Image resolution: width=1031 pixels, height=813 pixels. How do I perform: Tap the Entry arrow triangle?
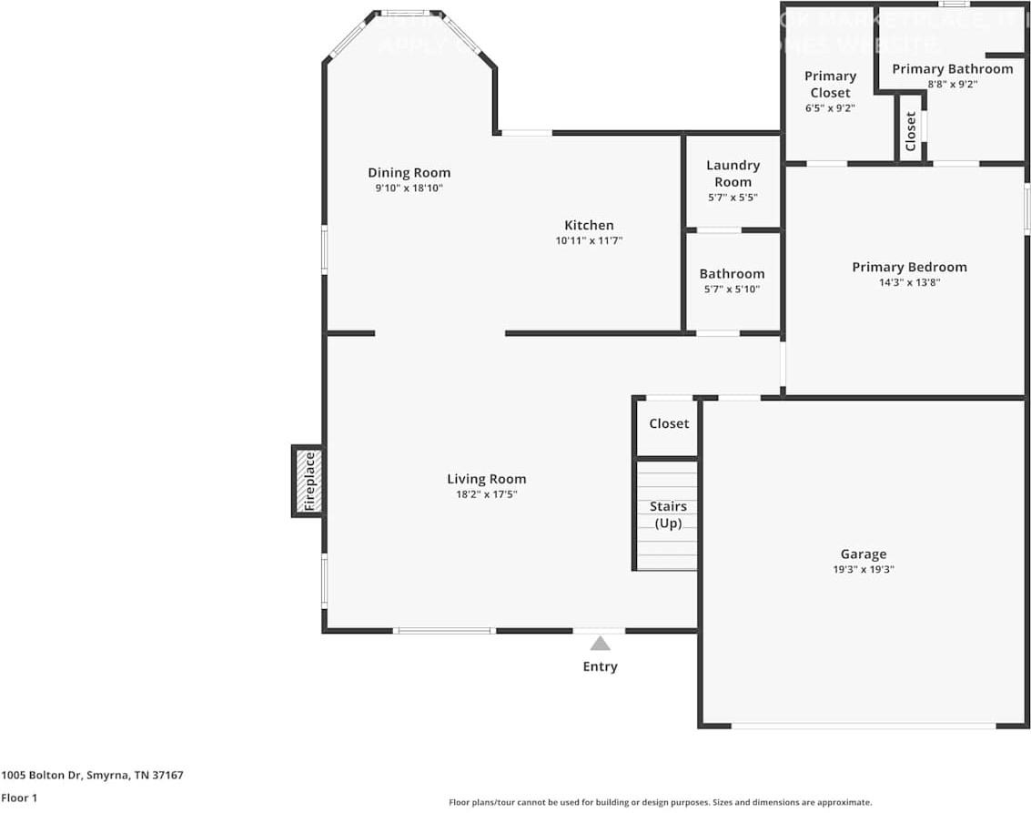[x=600, y=643]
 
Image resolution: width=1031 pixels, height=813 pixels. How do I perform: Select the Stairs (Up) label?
[x=668, y=514]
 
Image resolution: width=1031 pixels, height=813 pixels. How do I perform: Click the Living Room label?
[x=486, y=479]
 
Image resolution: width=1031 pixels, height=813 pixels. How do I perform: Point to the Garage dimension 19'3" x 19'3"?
[x=862, y=569]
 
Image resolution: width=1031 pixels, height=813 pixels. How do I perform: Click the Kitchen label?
[x=589, y=225]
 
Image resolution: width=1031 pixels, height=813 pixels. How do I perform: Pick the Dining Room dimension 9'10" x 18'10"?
[x=409, y=188]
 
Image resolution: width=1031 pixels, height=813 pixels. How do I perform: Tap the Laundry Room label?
[x=733, y=173]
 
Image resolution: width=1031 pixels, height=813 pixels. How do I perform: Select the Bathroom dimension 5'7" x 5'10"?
[x=732, y=289]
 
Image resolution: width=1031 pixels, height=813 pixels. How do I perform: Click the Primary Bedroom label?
[x=908, y=267]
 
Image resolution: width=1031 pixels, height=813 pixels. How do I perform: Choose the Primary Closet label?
[x=830, y=84]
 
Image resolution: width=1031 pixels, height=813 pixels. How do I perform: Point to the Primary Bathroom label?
[x=952, y=68]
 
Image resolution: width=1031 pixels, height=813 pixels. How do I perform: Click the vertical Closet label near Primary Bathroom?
[x=911, y=131]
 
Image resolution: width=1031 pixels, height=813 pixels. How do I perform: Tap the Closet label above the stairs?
[x=669, y=423]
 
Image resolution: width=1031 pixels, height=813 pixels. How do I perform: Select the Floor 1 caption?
[x=19, y=798]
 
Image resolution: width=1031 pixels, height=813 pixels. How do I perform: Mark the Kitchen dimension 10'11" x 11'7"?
[x=589, y=240]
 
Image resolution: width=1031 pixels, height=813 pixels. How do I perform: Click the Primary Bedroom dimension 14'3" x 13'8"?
[x=908, y=282]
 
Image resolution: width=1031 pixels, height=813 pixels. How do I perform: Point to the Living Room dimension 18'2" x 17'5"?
[x=486, y=494]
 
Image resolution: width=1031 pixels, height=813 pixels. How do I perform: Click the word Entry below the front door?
[x=600, y=666]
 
